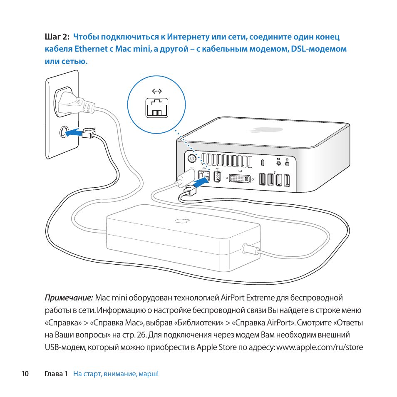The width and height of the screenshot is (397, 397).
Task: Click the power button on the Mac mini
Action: pyautogui.click(x=192, y=159)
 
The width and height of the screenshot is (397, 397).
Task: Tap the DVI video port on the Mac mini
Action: pyautogui.click(x=239, y=179)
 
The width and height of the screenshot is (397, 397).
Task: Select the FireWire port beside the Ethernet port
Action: pyautogui.click(x=217, y=177)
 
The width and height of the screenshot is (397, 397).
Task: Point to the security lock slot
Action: pyautogui.click(x=263, y=162)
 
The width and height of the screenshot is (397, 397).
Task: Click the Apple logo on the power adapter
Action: pyautogui.click(x=180, y=221)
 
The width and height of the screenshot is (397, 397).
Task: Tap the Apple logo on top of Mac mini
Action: pyautogui.click(x=260, y=130)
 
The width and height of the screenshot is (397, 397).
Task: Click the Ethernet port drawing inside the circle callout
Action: pyautogui.click(x=156, y=107)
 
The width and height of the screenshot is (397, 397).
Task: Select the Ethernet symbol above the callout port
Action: pyautogui.click(x=156, y=91)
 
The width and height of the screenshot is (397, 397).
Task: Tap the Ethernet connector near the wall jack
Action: pyautogui.click(x=89, y=132)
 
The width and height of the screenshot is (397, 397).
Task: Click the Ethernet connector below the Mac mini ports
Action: pyautogui.click(x=189, y=191)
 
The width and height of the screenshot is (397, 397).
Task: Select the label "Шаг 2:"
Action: pyautogui.click(x=57, y=37)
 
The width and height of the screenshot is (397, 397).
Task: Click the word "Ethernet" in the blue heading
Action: pyautogui.click(x=91, y=49)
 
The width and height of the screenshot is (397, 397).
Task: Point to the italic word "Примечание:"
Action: pyautogui.click(x=68, y=298)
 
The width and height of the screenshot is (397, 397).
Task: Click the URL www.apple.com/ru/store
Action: pyautogui.click(x=319, y=347)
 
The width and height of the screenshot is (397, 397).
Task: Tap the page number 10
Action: pyautogui.click(x=25, y=374)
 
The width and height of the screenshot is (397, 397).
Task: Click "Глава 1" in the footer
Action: pyautogui.click(x=56, y=374)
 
